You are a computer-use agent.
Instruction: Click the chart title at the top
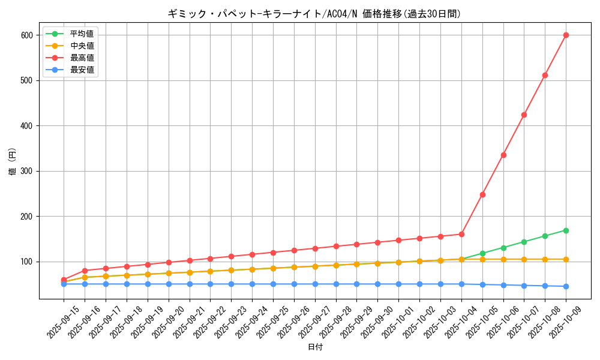[x=314, y=14]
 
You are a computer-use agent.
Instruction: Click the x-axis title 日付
[x=314, y=347]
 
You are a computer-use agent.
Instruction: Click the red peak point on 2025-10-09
[x=566, y=35]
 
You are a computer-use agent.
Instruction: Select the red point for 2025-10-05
[x=482, y=194]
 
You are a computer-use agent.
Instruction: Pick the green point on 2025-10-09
[x=566, y=230]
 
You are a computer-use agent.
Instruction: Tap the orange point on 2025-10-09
[x=566, y=259]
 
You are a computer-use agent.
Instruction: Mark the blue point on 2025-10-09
[x=566, y=286]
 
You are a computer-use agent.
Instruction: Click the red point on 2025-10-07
[x=524, y=115]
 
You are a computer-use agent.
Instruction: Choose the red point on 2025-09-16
[x=85, y=271]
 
